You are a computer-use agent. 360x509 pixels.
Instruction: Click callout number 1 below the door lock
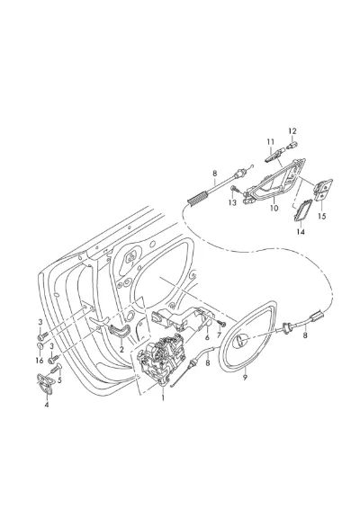[163, 397]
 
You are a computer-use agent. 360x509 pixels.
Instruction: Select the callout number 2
[121, 350]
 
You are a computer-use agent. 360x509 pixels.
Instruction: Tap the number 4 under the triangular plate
[47, 405]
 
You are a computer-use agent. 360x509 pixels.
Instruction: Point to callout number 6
[207, 337]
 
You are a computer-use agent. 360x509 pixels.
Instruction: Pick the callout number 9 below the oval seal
[245, 377]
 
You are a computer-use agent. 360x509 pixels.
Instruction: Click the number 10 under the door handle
[274, 208]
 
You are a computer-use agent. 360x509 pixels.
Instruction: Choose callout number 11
[271, 142]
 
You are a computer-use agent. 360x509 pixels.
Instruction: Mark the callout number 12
[292, 131]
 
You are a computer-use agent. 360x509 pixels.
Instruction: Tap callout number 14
[301, 232]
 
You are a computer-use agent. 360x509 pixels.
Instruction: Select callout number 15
[321, 216]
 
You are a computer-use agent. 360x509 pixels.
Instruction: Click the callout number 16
[40, 361]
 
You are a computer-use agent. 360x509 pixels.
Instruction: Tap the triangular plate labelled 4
[44, 384]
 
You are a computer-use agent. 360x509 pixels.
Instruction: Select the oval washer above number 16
[41, 346]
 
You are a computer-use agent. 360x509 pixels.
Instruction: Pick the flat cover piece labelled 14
[302, 210]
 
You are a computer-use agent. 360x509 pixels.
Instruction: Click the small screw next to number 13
[234, 189]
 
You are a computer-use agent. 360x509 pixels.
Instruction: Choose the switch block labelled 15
[323, 190]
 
